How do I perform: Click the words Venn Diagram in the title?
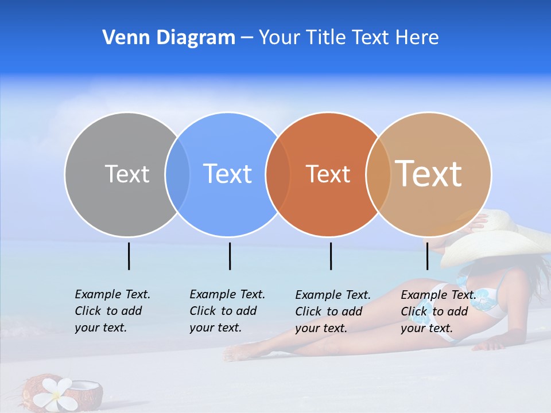coord(169,38)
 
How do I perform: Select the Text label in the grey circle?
coord(127,174)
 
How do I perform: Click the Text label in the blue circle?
coord(227,174)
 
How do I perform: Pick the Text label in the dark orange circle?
coord(328,174)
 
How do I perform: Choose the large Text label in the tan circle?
coord(429,173)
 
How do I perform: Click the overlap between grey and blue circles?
coord(177,174)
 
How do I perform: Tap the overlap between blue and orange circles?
coord(278,174)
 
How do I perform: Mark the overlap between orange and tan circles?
coord(378,174)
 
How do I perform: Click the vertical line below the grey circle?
coord(129,256)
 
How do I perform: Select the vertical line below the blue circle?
coord(230,256)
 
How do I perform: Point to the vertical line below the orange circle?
coord(331,256)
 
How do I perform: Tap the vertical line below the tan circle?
coord(427,256)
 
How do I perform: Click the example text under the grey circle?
coord(112,311)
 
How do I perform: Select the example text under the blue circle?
coord(227,311)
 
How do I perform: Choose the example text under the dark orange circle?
coord(332,311)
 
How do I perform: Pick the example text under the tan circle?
coord(438,311)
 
